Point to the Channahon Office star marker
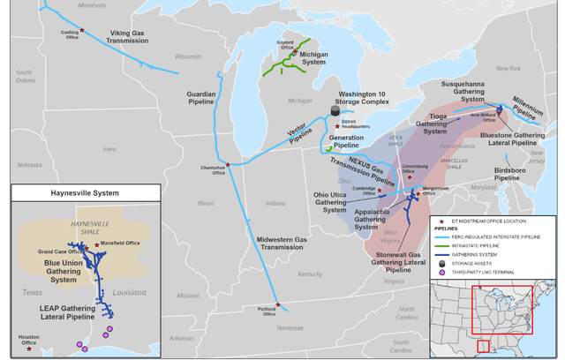(x=228, y=165)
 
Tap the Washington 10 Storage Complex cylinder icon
(x=335, y=110)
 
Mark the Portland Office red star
(x=278, y=304)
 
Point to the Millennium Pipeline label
(x=530, y=109)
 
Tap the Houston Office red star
(x=29, y=349)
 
